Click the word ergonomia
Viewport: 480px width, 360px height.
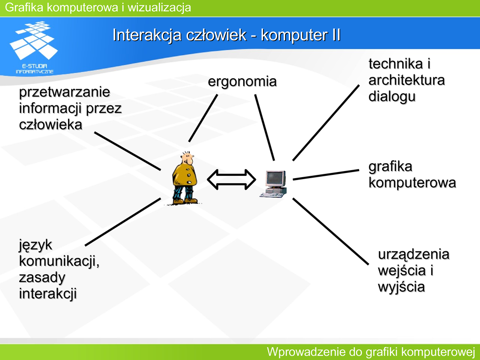(x=242, y=82)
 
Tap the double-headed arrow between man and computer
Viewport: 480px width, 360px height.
(x=232, y=179)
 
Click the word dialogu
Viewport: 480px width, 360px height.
(x=392, y=97)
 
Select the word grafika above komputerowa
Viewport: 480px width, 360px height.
(x=390, y=166)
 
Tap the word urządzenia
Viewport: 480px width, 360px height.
(x=413, y=255)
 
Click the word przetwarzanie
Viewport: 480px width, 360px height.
(x=64, y=92)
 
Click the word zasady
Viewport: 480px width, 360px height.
(x=42, y=277)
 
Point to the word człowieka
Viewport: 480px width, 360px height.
(x=50, y=125)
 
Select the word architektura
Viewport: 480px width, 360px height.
(x=406, y=80)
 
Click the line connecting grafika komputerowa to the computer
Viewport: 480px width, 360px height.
(x=326, y=174)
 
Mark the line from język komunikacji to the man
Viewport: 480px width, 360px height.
(x=123, y=222)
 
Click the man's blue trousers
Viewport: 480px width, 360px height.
(x=183, y=192)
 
